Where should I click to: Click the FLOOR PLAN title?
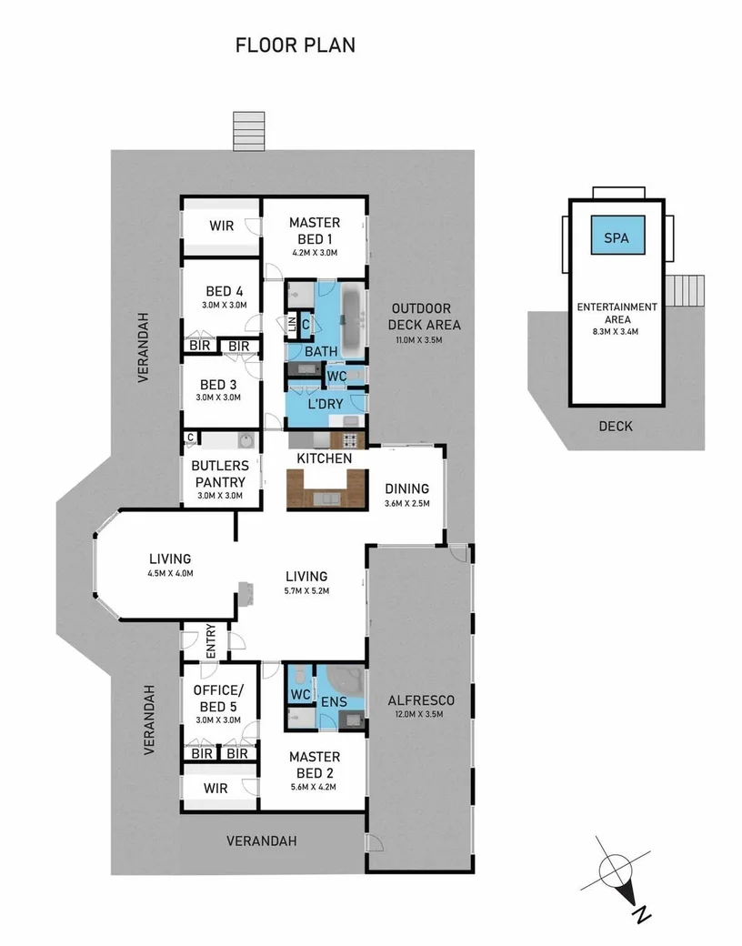tap(296, 45)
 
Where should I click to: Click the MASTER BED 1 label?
tap(314, 230)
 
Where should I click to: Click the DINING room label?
tap(406, 488)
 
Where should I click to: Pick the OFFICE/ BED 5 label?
tap(217, 699)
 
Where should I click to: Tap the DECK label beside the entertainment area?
tap(616, 426)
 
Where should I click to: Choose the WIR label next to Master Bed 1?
tap(221, 226)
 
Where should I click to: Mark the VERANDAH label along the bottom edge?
tap(262, 840)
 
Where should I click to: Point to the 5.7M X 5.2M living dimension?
tap(306, 590)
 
